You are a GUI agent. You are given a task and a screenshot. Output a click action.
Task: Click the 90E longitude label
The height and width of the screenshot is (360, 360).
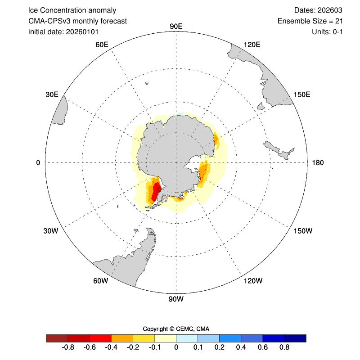point(176,27)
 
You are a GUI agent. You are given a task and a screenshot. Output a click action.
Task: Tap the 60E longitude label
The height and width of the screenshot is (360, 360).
point(102,45)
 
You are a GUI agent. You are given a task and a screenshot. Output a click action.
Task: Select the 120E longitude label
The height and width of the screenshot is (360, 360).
point(252,45)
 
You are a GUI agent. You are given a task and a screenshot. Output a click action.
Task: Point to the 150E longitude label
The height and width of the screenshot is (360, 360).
point(302,94)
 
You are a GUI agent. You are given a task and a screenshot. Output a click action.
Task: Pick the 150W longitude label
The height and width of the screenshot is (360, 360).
point(302,231)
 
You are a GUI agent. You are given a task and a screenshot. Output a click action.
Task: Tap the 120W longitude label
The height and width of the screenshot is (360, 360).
point(252,281)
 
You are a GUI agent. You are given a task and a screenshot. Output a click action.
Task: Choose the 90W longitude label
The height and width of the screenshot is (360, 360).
point(176,299)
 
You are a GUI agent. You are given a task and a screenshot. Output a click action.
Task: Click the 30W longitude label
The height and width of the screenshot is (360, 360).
point(51,231)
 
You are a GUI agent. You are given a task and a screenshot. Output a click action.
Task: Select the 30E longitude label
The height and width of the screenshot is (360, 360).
point(52,94)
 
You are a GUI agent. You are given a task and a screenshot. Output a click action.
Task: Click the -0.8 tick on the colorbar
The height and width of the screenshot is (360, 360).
point(68,347)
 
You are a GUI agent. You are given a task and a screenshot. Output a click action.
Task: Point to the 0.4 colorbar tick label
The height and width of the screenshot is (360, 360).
point(241,347)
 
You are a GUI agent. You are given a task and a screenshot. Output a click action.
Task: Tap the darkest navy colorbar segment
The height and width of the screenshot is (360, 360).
point(295,338)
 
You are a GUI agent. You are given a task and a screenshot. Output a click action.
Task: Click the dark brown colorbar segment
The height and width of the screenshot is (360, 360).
point(57,338)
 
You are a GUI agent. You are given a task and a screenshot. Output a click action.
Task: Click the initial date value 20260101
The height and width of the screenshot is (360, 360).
point(82,32)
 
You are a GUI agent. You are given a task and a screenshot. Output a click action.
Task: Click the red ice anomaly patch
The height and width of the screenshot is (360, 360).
point(156,191)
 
